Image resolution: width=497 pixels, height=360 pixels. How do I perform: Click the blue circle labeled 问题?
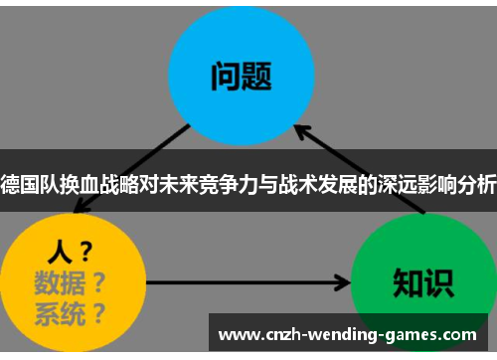tap(242, 75)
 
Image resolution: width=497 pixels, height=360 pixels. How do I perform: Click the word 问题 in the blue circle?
tap(242, 76)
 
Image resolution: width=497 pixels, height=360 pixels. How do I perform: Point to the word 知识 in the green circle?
tap(421, 281)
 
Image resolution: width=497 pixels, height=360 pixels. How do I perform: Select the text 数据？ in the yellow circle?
tap(70, 279)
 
